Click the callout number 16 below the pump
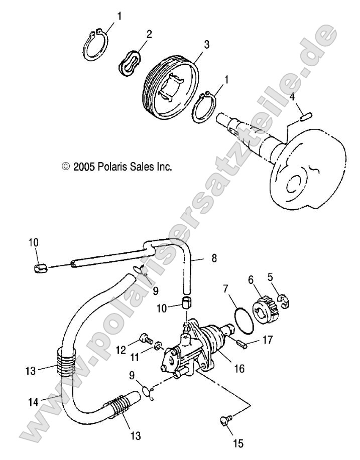239,369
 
